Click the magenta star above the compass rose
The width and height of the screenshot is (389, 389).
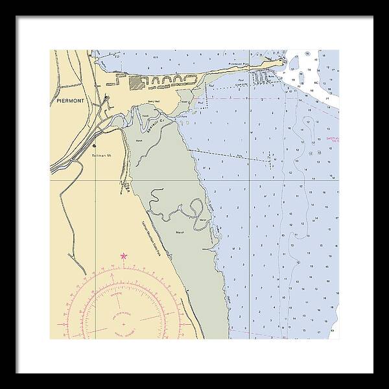(x=123, y=257)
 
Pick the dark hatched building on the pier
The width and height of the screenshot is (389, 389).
(x=137, y=82)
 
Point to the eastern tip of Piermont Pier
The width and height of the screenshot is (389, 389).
(x=284, y=62)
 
